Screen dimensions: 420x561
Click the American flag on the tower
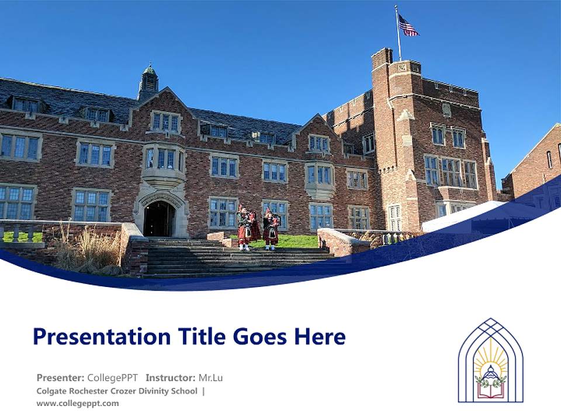pos(408,26)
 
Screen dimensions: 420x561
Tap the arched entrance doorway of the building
pos(159,218)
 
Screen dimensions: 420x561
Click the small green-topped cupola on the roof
pos(148,82)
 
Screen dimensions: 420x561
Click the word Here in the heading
pos(319,337)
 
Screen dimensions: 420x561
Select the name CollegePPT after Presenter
pos(113,377)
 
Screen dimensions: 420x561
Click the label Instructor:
pos(170,377)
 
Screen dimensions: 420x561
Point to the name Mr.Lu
pos(210,377)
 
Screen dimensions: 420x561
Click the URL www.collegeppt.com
pos(77,403)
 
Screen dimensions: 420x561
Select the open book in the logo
pos(490,389)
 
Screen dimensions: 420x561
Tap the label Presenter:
pos(61,377)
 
